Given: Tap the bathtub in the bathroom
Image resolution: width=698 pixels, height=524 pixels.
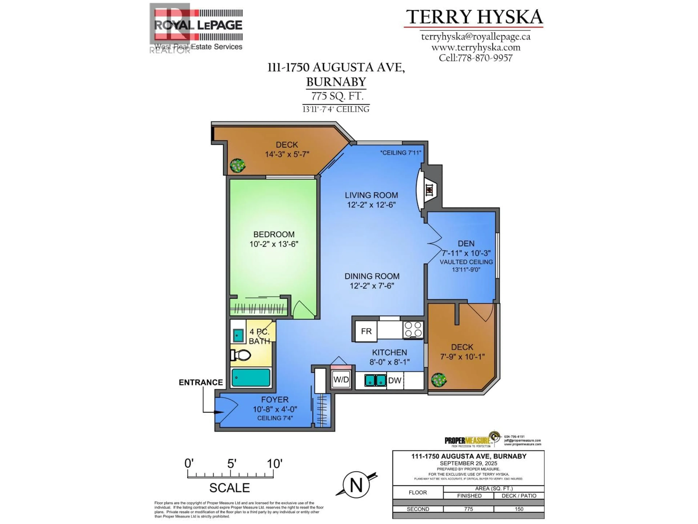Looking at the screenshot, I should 251,378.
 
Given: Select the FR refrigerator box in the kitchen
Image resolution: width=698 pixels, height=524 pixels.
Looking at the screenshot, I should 366,331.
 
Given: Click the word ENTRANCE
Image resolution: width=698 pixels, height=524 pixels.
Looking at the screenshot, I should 201,382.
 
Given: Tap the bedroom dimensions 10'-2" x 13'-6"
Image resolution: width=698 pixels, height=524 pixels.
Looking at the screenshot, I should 274,244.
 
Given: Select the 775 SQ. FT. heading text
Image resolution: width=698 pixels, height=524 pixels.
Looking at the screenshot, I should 337,96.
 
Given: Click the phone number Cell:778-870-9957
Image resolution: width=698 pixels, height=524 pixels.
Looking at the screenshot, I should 476,58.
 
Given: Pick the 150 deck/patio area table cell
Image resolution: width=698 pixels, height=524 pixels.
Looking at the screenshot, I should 519,509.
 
